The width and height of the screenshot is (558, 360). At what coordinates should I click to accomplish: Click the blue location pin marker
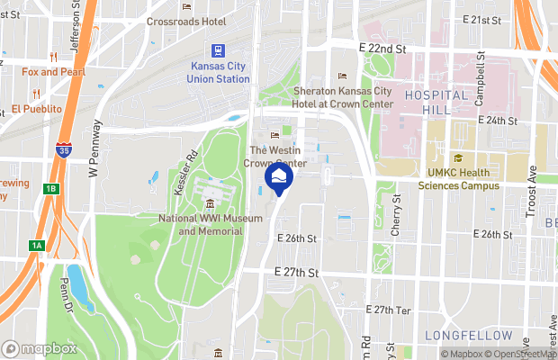278,178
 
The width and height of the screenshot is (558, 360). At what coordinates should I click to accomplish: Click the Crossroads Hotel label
186,20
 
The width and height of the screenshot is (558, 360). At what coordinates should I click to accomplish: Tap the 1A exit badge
37,246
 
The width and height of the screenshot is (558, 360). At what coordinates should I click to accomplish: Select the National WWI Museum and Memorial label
211,224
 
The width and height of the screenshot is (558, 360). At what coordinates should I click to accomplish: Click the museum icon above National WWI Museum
211,202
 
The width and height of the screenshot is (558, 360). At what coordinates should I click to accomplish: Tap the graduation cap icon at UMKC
458,159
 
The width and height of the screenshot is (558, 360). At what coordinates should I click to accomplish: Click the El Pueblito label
38,110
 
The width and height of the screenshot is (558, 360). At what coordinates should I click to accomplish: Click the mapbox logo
40,348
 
